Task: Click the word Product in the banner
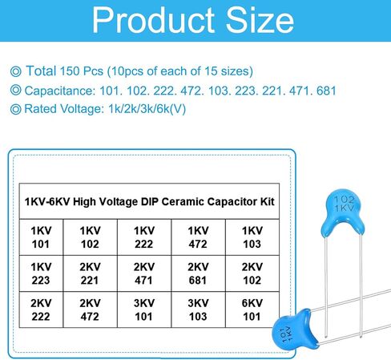click(x=153, y=20)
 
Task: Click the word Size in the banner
click(x=260, y=20)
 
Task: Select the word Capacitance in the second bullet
click(x=59, y=91)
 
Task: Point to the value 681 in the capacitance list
click(x=326, y=91)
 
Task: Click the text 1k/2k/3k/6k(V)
click(x=147, y=109)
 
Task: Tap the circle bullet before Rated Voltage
click(x=15, y=109)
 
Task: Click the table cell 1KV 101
click(x=42, y=237)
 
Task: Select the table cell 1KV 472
click(x=198, y=237)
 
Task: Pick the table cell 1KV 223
click(x=42, y=273)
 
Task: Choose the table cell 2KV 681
click(x=198, y=273)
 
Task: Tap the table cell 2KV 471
click(x=144, y=273)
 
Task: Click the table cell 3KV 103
click(x=198, y=309)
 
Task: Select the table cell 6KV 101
click(x=252, y=309)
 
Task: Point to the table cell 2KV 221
click(x=90, y=273)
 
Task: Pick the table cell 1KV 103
click(x=252, y=237)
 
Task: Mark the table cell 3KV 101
click(x=144, y=309)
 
